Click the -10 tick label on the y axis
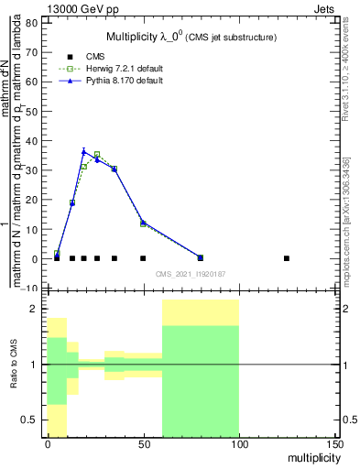30,288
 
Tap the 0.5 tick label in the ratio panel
29,420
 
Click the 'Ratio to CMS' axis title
13,365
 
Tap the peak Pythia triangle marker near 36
83,151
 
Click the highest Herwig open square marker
97,155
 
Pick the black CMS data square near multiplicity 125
287,258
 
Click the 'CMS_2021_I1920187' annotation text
191,275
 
